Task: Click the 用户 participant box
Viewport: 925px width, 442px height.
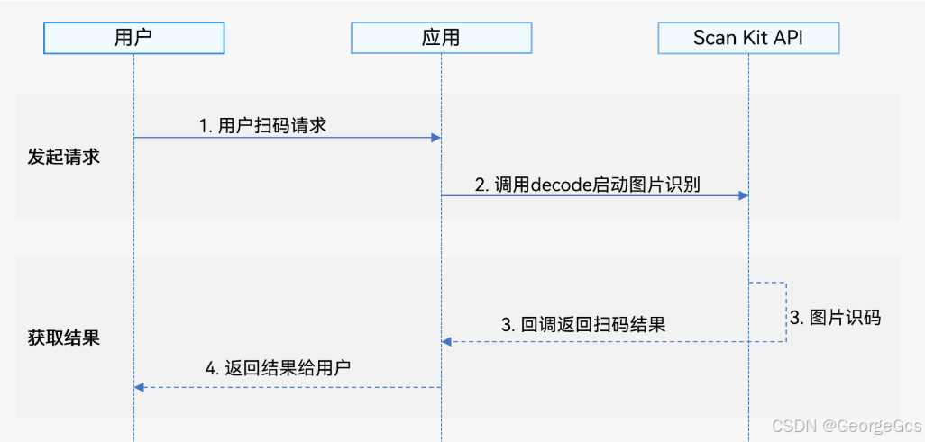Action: click(x=133, y=38)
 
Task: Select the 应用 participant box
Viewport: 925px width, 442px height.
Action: click(x=441, y=38)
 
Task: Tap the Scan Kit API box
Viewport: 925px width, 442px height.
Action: click(x=748, y=38)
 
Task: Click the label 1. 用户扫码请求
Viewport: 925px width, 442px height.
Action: click(x=262, y=125)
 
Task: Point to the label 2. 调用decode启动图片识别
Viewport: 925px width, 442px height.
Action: click(x=588, y=185)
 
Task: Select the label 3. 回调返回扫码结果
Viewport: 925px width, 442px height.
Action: click(x=583, y=325)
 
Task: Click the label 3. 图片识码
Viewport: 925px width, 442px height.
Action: click(x=835, y=318)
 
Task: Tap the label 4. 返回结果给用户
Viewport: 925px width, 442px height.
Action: click(x=278, y=367)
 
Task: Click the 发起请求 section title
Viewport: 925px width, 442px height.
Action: click(x=63, y=157)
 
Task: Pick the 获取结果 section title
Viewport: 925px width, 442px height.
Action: click(x=63, y=338)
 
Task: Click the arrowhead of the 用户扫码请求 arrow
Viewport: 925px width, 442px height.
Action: click(x=435, y=138)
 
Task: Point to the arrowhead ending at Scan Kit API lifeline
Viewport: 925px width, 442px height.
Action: click(x=743, y=195)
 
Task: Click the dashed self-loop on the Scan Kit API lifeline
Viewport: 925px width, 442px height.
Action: click(x=785, y=311)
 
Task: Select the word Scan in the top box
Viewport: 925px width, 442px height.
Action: click(x=713, y=38)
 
